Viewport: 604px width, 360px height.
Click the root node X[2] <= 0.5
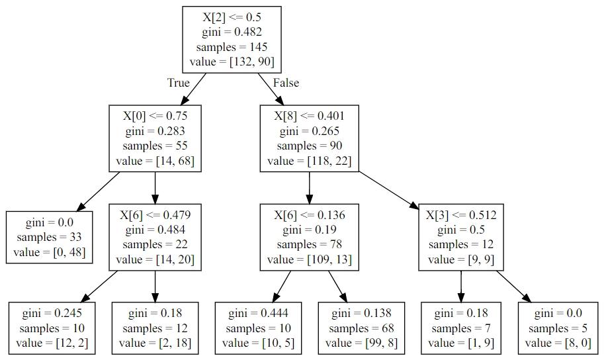232,39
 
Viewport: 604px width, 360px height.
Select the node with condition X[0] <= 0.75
155,138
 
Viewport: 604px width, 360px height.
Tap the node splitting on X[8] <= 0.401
310,138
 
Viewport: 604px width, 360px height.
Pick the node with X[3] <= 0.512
461,237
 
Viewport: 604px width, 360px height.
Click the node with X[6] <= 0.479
155,237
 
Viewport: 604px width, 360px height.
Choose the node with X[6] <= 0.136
310,237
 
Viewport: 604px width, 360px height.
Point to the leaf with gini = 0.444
258,328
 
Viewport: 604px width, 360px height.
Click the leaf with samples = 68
361,328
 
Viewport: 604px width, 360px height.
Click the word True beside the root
179,83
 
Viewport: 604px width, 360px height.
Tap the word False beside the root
286,83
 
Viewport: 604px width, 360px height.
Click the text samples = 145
232,47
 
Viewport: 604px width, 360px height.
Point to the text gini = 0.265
310,131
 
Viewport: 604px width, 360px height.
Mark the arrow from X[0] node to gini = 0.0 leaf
98,191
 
